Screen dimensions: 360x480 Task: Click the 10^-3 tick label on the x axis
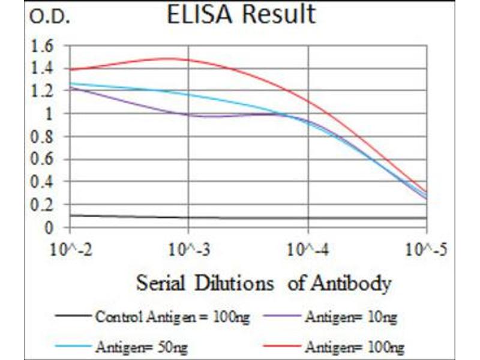click(x=189, y=248)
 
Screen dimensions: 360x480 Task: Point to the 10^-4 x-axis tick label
click(x=308, y=248)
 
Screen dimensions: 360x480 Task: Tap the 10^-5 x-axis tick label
click(x=427, y=248)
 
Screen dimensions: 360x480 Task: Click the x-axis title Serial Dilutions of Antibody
click(x=264, y=283)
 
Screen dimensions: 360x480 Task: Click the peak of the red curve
click(x=171, y=58)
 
